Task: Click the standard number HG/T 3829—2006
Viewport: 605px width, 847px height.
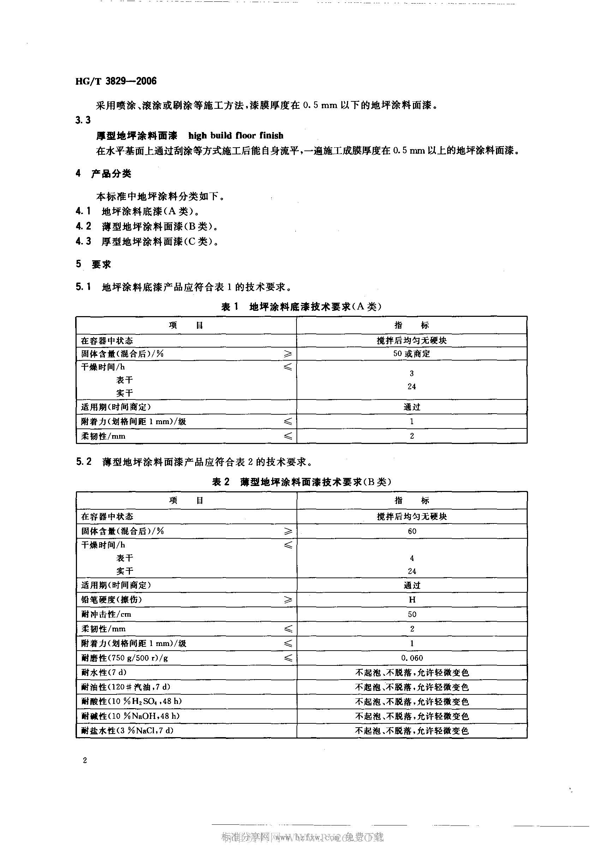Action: [x=116, y=81]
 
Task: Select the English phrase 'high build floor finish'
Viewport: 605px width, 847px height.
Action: [x=236, y=135]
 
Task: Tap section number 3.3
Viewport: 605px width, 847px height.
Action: [x=83, y=120]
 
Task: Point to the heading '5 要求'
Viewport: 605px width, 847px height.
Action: [x=94, y=264]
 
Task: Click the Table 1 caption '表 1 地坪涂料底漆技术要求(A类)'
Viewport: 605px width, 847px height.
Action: [x=301, y=307]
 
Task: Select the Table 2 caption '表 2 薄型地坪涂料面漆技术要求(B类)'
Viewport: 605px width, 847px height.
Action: [x=301, y=482]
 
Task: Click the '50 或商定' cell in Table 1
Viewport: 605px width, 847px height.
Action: [x=412, y=354]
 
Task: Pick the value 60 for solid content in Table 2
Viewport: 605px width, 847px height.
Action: [x=412, y=531]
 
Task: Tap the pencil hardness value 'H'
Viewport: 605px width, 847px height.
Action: [x=412, y=599]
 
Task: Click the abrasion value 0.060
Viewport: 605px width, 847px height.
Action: [x=412, y=658]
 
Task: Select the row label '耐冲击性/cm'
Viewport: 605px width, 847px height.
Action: [x=106, y=614]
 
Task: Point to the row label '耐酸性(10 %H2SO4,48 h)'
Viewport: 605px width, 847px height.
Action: [x=131, y=701]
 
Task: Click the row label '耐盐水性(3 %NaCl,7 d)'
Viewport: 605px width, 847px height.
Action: [x=127, y=730]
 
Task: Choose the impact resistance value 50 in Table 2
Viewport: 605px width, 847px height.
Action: [x=412, y=614]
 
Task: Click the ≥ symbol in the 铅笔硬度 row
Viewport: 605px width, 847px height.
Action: [x=288, y=599]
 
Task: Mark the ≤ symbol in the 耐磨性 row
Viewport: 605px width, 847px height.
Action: [x=288, y=658]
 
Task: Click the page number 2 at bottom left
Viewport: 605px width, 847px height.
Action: [x=85, y=760]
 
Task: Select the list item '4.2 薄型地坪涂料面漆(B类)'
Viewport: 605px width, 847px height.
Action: [x=147, y=226]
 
